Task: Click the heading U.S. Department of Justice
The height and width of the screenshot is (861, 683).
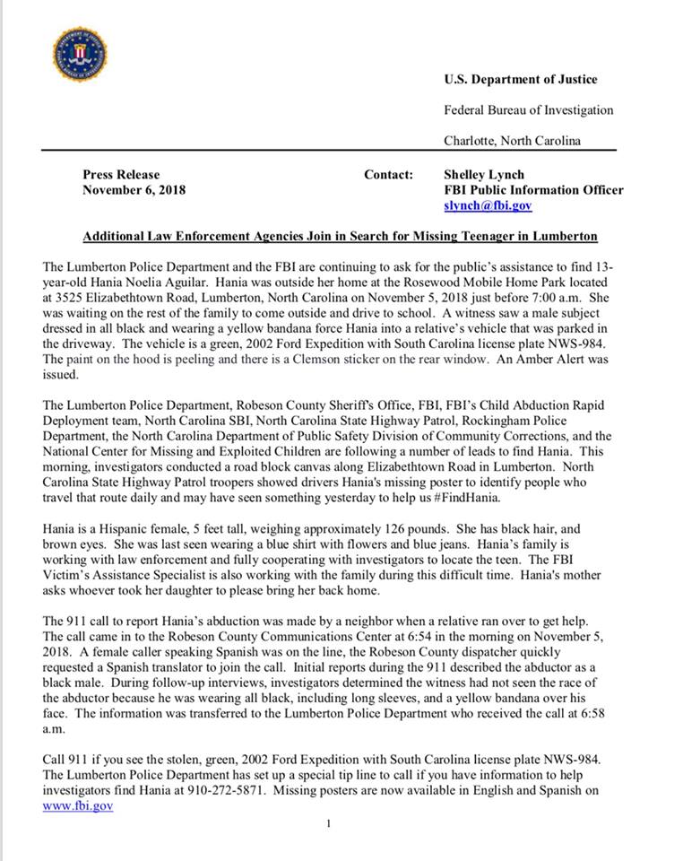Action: (x=520, y=80)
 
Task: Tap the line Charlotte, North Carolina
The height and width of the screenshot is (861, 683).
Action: (x=512, y=141)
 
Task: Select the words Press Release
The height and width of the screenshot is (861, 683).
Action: (x=121, y=175)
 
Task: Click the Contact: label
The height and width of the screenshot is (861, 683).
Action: (x=388, y=175)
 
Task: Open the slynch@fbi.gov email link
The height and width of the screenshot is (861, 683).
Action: (x=488, y=205)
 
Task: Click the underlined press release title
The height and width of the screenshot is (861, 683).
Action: (x=340, y=237)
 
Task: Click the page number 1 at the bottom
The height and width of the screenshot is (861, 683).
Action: (x=329, y=823)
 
